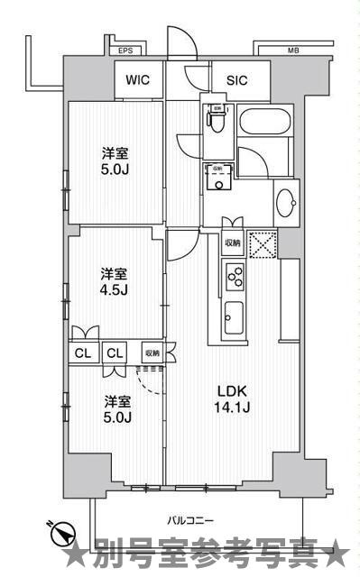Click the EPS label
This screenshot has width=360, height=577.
tap(124, 50)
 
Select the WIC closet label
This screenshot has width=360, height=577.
tap(138, 79)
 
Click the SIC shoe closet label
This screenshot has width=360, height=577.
tap(236, 79)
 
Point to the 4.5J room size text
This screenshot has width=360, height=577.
tap(114, 290)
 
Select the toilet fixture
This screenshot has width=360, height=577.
tap(217, 118)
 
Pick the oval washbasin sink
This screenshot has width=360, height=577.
tap(287, 201)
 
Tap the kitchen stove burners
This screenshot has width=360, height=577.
tap(233, 275)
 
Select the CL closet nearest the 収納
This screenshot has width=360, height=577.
tap(115, 353)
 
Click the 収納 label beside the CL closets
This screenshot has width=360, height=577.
tap(152, 353)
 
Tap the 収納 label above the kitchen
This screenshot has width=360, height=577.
tap(232, 243)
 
